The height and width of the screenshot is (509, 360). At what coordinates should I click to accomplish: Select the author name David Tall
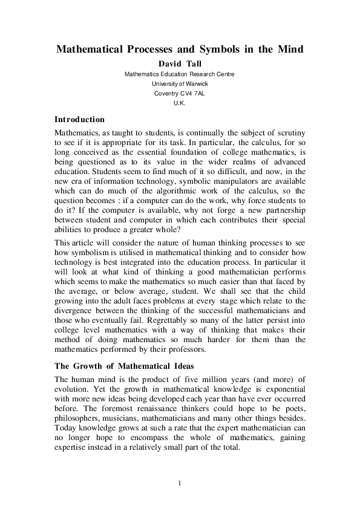pos(179,63)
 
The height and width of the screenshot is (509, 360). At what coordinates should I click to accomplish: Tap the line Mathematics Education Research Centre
pos(179,74)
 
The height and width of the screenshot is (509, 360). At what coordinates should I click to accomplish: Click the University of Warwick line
pos(179,83)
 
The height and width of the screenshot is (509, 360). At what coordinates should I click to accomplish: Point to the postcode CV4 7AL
pos(189,94)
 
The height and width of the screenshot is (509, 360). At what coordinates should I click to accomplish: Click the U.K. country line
pos(179,103)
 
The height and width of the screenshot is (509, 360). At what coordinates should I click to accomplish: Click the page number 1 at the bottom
pos(180,483)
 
